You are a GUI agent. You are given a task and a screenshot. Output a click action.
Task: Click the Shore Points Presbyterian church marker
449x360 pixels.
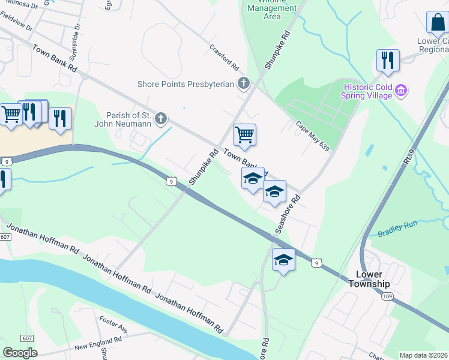(x=243, y=83)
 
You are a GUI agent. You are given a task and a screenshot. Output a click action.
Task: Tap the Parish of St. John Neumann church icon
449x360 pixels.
(x=160, y=119)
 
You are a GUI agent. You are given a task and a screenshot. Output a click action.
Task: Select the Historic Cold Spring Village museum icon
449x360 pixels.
(x=402, y=91)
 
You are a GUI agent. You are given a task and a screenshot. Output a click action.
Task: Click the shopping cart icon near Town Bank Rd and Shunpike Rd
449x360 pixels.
(x=244, y=135)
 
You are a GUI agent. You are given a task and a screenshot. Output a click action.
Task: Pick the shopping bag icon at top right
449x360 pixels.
(x=436, y=23)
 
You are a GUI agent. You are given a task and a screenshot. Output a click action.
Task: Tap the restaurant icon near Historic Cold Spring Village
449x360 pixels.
(x=387, y=61)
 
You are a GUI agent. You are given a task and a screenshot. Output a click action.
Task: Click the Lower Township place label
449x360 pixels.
(x=369, y=279)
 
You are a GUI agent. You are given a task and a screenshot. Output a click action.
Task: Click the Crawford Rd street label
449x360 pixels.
(x=224, y=56)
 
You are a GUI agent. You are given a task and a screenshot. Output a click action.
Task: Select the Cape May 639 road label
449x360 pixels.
(x=313, y=136)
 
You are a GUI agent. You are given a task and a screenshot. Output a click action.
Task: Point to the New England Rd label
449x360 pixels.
(x=98, y=344)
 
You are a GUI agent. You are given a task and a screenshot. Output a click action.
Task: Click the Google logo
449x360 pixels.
(x=20, y=352)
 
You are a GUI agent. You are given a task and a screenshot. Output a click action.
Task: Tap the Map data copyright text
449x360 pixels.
(x=423, y=355)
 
